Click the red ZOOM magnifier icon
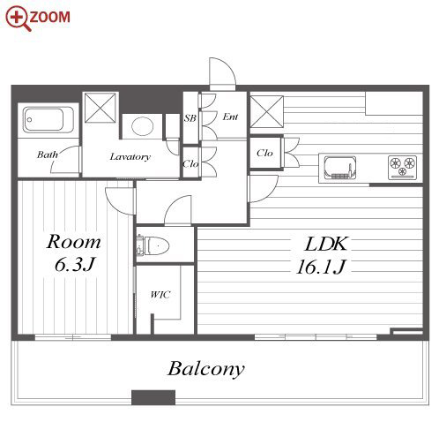coord(18,19)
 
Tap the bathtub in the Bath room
coord(48,120)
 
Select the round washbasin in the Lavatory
coord(143,126)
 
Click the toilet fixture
coord(153,245)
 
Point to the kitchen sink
coord(339,168)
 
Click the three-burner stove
coord(402,167)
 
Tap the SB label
coord(190,118)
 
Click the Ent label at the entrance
coord(230,117)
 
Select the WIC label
coord(160,295)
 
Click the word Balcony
coord(206,369)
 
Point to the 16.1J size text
coord(321,268)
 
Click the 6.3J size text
coord(75,265)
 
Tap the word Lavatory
coord(130,156)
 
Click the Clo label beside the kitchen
coord(264,153)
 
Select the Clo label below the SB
coord(190,163)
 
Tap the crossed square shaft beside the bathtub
coord(100,108)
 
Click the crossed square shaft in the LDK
coord(266,112)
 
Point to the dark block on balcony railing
coord(153,397)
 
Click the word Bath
coord(48,154)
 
